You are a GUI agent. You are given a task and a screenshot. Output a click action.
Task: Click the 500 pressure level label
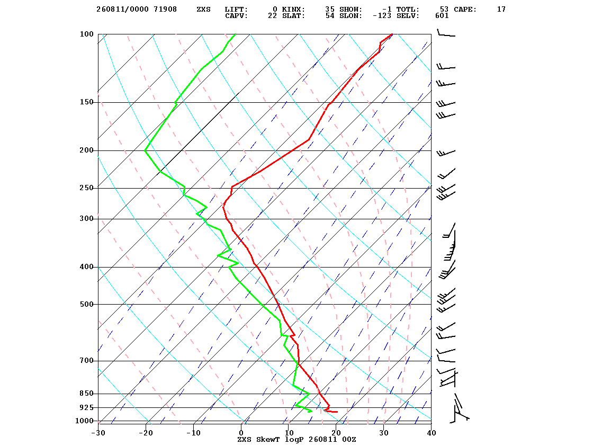(86, 304)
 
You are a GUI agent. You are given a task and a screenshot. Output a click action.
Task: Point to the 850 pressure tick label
(86, 394)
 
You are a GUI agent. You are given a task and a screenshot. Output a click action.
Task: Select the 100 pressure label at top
(86, 34)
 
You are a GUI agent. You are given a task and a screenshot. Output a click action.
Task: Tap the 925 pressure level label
(86, 407)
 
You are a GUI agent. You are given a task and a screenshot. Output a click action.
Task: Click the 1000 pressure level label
(84, 421)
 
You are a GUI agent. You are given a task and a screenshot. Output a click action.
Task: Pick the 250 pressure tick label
(86, 188)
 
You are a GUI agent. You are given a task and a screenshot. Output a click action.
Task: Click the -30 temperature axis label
(98, 433)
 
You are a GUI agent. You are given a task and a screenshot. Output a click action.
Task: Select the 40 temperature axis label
(432, 433)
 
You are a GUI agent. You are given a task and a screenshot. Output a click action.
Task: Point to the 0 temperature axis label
(241, 433)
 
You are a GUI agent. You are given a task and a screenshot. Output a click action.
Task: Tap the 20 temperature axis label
(336, 433)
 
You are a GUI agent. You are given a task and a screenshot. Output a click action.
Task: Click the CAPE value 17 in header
(501, 10)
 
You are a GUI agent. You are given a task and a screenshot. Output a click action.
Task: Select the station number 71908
(165, 10)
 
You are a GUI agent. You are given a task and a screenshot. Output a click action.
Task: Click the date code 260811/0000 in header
(122, 10)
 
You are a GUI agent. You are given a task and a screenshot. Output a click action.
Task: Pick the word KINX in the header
(293, 10)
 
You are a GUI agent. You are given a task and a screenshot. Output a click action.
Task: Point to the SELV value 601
(442, 16)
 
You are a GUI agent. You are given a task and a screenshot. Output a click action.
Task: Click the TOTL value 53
(444, 10)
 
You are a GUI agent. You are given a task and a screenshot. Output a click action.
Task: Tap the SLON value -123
(382, 16)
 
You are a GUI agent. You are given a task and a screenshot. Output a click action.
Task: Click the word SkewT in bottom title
(268, 439)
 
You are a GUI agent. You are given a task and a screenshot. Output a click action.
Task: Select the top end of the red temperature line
(392, 34)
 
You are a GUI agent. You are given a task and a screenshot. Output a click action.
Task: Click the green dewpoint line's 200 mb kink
(145, 150)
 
